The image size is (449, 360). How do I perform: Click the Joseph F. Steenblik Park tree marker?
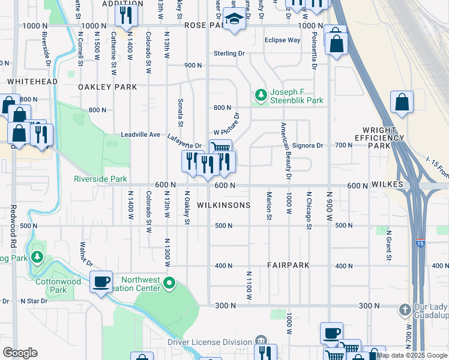tap(261, 95)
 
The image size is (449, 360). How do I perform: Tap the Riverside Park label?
tap(100, 179)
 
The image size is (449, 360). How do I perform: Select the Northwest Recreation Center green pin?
tap(170, 282)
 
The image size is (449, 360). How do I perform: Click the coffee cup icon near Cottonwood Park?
tap(101, 281)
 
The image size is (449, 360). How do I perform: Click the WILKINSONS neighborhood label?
tap(223, 205)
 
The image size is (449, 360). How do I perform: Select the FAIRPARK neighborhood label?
tap(288, 265)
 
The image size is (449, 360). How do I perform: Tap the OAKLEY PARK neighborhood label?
tap(107, 87)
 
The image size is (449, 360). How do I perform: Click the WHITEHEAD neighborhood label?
tap(32, 82)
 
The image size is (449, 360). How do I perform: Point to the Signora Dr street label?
tap(307, 145)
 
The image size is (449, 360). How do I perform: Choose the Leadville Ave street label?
tap(140, 134)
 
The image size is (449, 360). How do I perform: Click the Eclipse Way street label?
tap(282, 40)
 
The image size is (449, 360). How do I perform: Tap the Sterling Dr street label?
tap(230, 53)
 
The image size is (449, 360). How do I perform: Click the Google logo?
tap(20, 353)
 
